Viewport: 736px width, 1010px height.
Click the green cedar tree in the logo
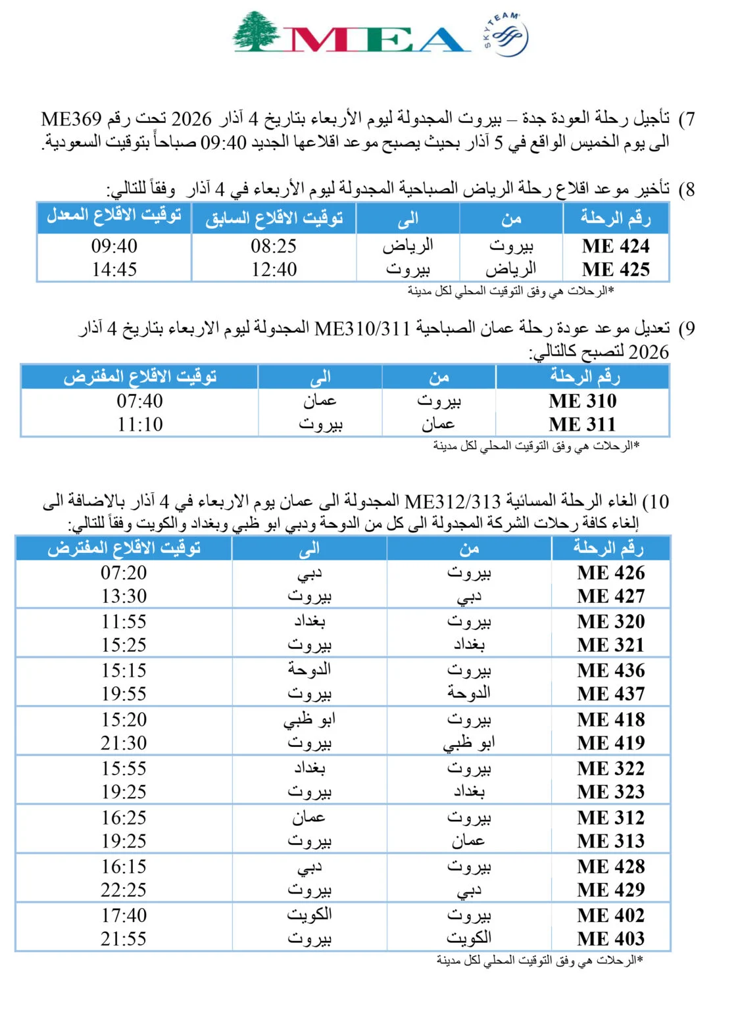[x=256, y=31]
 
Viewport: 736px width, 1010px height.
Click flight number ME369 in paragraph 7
[x=71, y=119]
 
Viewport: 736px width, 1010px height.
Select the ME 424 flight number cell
[x=616, y=247]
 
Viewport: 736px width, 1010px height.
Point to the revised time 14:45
[x=114, y=270]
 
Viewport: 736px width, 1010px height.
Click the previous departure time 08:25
[x=274, y=247]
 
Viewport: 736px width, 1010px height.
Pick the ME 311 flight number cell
[x=583, y=425]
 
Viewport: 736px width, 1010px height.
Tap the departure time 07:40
[x=139, y=401]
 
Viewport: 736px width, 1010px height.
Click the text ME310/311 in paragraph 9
[x=362, y=328]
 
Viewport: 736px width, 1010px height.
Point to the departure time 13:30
[x=124, y=596]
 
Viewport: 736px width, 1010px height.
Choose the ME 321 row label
[x=611, y=645]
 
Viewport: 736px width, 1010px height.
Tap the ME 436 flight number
[x=611, y=671]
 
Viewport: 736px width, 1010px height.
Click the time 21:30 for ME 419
[x=124, y=743]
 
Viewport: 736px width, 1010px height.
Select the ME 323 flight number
[x=611, y=792]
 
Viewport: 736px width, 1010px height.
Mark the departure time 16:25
[x=124, y=818]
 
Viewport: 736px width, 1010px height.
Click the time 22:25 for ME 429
[x=124, y=890]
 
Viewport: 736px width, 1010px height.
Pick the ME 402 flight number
[x=611, y=915]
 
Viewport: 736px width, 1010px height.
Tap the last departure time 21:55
[x=124, y=939]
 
